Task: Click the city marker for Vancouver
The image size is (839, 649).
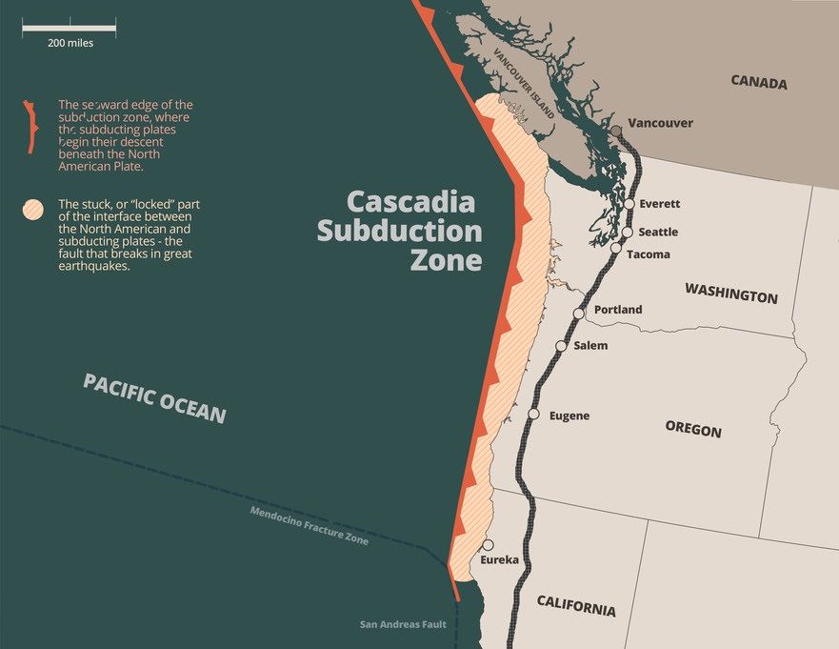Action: coord(616,130)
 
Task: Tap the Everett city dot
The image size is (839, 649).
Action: coord(629,204)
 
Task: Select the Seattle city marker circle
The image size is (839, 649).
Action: coord(628,232)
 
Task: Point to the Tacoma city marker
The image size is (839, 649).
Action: coord(616,249)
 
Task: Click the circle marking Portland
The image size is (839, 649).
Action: coord(579,313)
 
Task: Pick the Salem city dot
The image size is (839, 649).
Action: coord(561,346)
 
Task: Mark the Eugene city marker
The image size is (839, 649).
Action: coord(534,414)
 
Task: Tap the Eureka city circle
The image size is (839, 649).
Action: coord(488,545)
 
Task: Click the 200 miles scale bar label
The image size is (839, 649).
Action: coord(70,43)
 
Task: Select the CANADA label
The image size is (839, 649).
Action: coord(759,82)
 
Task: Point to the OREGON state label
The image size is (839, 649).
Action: coord(693,429)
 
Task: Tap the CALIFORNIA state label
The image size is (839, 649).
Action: coord(576,605)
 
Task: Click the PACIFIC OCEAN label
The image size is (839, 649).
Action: coord(154,397)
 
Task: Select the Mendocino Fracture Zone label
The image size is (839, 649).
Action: coord(309,526)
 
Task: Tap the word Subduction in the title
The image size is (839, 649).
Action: coord(399,231)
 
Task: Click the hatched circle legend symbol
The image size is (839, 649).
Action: coord(34,209)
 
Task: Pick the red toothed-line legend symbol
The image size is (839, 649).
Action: coord(31,125)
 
